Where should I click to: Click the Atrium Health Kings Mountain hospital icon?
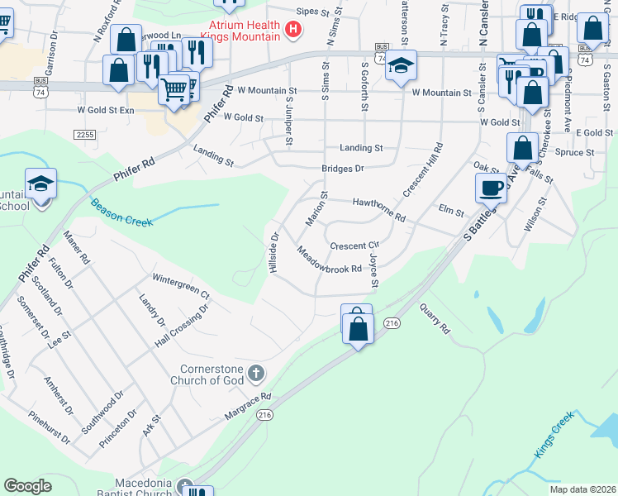(x=292, y=31)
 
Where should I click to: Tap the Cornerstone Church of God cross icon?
(x=256, y=374)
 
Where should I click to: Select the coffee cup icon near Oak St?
(x=491, y=188)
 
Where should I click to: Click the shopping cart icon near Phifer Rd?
(x=174, y=88)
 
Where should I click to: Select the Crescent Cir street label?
(x=354, y=246)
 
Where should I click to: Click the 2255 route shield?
(x=84, y=134)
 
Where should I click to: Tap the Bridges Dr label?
(x=343, y=168)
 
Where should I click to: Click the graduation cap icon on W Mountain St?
(x=401, y=67)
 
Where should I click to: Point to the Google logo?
(x=27, y=486)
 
